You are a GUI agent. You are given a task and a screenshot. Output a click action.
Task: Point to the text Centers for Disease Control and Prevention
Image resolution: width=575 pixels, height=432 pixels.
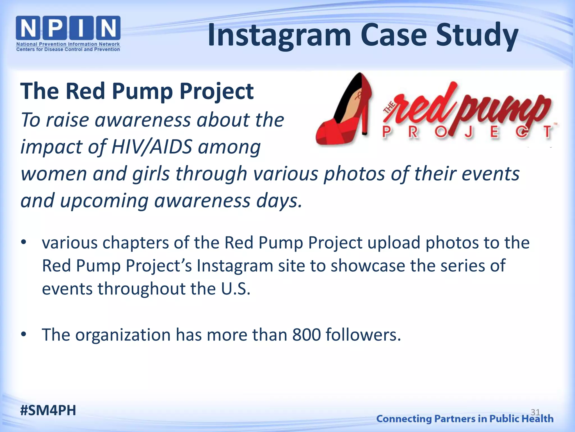click(68, 49)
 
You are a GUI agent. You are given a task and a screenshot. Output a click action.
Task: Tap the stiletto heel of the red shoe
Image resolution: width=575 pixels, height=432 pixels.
click(365, 118)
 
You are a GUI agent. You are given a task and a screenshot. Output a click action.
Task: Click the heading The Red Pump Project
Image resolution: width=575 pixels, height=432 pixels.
click(137, 91)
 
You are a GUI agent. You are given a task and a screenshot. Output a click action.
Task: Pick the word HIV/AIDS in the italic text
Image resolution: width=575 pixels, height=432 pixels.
click(152, 147)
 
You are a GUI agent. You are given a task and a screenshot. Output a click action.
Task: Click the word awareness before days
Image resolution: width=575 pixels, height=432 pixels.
click(202, 201)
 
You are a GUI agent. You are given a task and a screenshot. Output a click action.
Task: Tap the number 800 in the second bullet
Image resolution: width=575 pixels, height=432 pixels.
click(306, 335)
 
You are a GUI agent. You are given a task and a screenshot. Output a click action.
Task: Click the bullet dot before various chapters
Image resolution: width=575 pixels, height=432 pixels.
click(24, 242)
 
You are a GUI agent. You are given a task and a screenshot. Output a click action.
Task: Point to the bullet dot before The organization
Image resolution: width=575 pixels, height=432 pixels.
click(24, 334)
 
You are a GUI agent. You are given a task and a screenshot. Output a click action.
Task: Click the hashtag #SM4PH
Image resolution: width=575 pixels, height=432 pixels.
click(48, 410)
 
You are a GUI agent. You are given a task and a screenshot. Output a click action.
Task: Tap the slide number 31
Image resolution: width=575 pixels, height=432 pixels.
click(535, 412)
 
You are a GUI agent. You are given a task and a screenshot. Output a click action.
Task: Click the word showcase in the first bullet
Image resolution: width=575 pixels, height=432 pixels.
click(368, 265)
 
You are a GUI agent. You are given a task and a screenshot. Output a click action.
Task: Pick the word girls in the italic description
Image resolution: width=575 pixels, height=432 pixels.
click(151, 174)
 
